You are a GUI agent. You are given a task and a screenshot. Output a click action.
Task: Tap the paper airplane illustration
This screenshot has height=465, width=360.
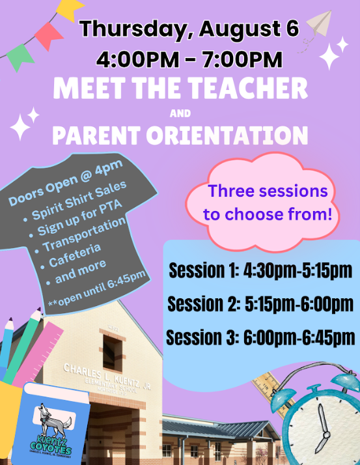pyautogui.click(x=320, y=23)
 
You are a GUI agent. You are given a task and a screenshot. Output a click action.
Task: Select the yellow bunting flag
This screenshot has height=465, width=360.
pyautogui.click(x=70, y=10)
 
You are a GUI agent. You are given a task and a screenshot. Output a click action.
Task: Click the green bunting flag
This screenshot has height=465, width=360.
pyautogui.click(x=20, y=57)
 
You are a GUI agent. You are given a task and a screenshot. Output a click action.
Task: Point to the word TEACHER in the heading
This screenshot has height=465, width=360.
pyautogui.click(x=248, y=88)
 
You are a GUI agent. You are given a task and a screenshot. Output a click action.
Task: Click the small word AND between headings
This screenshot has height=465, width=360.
pyautogui.click(x=180, y=113)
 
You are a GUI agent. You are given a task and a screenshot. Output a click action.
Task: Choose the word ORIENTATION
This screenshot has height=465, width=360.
pyautogui.click(x=227, y=135)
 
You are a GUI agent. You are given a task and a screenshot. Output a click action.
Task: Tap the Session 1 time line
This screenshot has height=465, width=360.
pyautogui.click(x=260, y=270)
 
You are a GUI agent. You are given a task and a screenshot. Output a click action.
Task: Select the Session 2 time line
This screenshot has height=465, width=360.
pyautogui.click(x=260, y=304)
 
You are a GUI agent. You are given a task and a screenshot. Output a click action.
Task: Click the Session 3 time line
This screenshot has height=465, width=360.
pyautogui.click(x=260, y=337)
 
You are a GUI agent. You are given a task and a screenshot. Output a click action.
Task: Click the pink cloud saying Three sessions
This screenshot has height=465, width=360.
pyautogui.click(x=263, y=203)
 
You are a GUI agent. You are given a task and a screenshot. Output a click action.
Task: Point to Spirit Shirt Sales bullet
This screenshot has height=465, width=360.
pyautogui.click(x=79, y=200)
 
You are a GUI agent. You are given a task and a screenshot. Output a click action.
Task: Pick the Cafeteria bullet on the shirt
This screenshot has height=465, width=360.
pyautogui.click(x=75, y=255)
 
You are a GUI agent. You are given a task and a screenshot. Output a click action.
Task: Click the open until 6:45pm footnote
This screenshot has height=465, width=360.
pyautogui.click(x=96, y=288)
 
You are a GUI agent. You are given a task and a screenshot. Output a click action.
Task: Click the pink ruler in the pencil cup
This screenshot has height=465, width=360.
pyautogui.click(x=38, y=354)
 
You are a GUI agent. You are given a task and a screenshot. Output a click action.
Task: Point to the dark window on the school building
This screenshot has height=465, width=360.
pyautogui.click(x=113, y=352)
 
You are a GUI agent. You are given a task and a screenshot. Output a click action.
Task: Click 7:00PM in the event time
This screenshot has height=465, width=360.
pyautogui.click(x=242, y=59)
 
